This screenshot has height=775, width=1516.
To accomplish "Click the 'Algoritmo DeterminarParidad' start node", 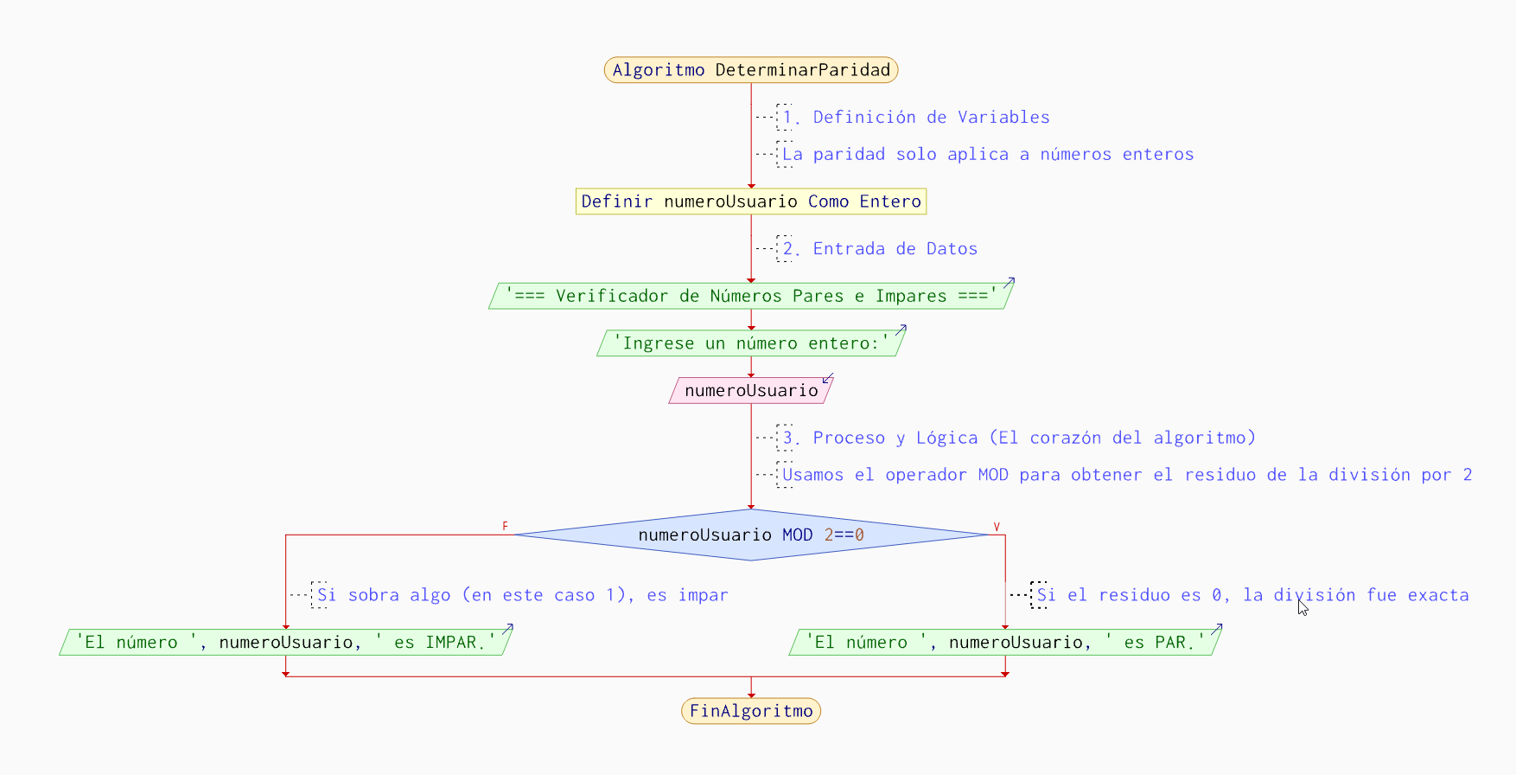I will (x=750, y=70).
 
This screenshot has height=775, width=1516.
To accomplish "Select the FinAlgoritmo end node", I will (x=750, y=711).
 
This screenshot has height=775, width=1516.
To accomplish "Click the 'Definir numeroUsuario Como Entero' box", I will (x=750, y=202).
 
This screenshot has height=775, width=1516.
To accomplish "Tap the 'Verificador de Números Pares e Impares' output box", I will (x=750, y=296).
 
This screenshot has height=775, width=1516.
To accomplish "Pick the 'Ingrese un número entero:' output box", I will (x=750, y=343).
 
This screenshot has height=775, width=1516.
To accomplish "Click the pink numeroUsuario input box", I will (x=750, y=390).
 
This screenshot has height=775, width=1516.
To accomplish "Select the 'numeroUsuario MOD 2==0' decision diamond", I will (x=750, y=535).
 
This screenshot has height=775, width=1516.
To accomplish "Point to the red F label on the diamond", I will (x=505, y=526).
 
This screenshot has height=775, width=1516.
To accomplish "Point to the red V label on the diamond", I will (x=997, y=526).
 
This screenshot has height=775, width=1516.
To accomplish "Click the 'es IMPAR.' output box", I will (x=285, y=642).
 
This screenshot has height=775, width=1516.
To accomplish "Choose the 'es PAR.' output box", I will (x=1004, y=642).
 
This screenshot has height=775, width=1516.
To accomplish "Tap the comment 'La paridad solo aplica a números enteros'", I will (x=988, y=154).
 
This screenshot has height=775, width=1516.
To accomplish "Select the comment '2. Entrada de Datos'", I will (x=880, y=248).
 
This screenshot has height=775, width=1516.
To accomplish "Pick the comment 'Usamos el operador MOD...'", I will (x=1127, y=475).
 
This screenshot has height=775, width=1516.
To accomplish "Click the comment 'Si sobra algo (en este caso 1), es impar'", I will (x=523, y=595).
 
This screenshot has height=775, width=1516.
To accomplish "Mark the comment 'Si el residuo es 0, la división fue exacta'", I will (x=1252, y=595).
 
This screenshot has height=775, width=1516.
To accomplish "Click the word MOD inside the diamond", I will (x=797, y=535).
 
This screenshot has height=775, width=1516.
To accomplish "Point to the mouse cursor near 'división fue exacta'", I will (x=1302, y=607).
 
